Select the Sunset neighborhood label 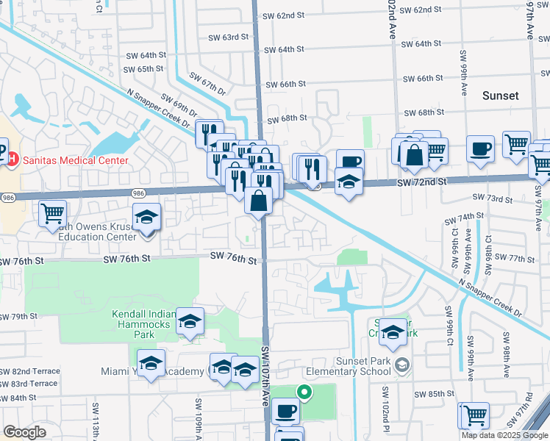501,96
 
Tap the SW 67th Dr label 207,82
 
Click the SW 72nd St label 421,181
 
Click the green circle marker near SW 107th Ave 301,392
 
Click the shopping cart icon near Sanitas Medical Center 51,214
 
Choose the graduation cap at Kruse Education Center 147,218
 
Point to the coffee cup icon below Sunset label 481,148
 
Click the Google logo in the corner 24,432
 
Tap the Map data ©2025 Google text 504,435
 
